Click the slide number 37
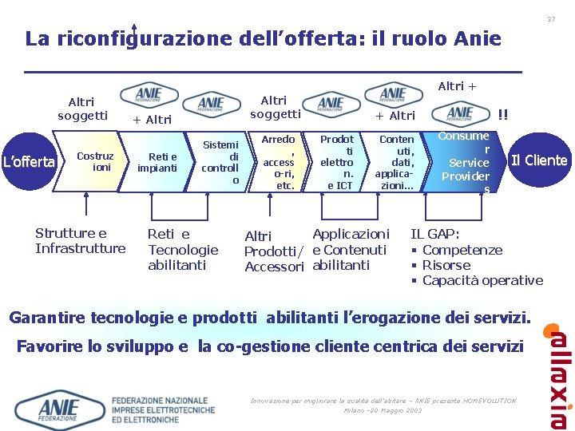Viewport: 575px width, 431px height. point(550,18)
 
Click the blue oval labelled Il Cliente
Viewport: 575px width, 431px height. point(538,160)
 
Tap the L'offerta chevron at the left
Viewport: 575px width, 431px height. point(28,162)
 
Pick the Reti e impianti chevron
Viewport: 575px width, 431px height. point(157,162)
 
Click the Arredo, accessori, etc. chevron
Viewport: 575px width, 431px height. point(279,162)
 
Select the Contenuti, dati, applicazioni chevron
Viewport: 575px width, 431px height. point(395,162)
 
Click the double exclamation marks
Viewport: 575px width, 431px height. point(503,114)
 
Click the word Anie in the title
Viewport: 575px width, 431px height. point(477,38)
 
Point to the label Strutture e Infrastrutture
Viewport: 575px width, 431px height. point(80,240)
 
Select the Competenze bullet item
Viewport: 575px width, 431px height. point(462,250)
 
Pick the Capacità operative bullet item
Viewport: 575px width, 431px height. point(482,280)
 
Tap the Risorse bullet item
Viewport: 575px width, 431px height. point(446,265)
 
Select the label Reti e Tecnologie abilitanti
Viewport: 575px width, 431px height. point(182,249)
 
